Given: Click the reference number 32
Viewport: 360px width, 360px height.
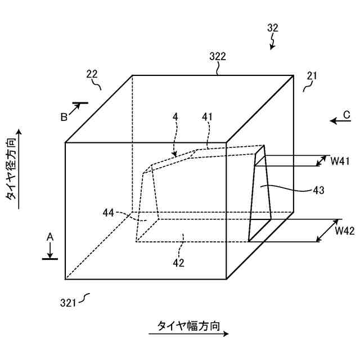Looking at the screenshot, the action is [x=273, y=28].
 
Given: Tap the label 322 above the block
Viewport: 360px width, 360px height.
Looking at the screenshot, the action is [x=218, y=56].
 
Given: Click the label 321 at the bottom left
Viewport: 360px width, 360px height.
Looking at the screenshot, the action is [x=68, y=303].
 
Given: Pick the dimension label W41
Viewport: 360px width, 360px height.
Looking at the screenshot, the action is [x=340, y=161].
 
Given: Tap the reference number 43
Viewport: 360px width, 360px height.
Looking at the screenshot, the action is [x=318, y=190].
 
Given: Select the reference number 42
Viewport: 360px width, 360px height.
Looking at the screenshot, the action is [x=178, y=262].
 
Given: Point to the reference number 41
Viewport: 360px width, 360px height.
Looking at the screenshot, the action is [x=208, y=116].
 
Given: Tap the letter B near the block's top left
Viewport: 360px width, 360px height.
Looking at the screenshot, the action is [x=64, y=117].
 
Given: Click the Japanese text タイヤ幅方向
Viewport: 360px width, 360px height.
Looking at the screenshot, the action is [x=188, y=325].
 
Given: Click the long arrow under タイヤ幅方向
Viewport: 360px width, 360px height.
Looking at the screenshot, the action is [x=188, y=334].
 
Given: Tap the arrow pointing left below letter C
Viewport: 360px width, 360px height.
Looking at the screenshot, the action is [x=340, y=122].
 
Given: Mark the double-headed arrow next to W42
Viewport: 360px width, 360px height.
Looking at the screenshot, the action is [x=327, y=230].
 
